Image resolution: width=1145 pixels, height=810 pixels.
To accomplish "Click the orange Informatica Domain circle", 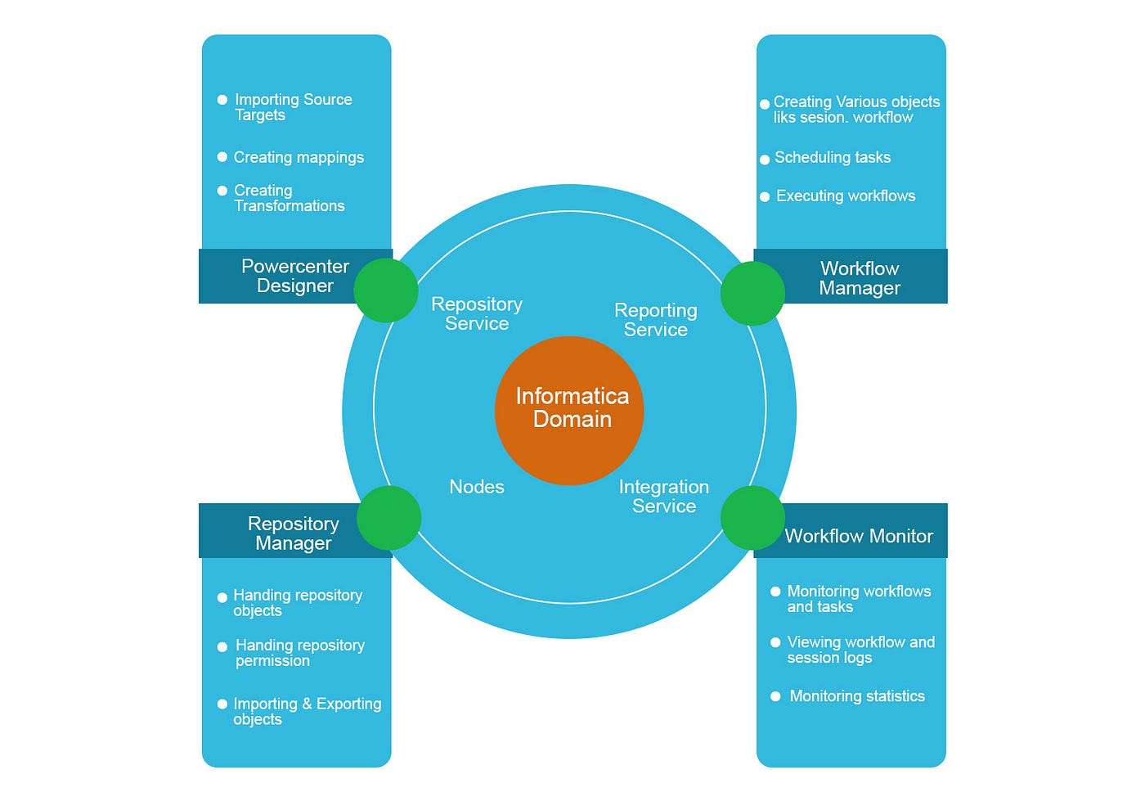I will [569, 409].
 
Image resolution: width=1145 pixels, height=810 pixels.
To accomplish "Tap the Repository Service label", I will [477, 314].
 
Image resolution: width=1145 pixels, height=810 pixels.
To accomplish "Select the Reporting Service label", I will [655, 320].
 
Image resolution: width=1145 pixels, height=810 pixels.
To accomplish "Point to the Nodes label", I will [477, 487].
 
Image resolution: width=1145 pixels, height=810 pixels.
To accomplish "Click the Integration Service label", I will [663, 497].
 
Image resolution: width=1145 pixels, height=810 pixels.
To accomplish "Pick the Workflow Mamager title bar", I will [860, 278].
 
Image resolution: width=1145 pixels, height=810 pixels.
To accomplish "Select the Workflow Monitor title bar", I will [859, 536].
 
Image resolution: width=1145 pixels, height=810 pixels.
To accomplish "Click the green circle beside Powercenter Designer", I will [385, 290].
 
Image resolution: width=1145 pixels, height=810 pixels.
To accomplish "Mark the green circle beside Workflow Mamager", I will [752, 293].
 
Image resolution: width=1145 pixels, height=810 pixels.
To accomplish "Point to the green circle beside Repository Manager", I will [389, 518].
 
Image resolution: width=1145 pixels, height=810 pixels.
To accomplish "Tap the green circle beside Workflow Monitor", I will [752, 518].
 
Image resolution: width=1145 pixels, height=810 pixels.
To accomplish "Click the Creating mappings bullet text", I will [299, 157].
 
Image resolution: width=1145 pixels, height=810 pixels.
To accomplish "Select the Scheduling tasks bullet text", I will [833, 157].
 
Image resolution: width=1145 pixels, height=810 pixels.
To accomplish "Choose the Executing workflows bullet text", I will [846, 196].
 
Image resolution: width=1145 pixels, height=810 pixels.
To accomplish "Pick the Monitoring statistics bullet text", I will [857, 696].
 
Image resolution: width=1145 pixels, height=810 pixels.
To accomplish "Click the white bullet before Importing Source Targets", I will [222, 100].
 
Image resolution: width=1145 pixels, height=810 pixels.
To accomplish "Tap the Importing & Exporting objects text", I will [307, 711].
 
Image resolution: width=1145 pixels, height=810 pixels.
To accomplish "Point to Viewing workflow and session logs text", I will [860, 650].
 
